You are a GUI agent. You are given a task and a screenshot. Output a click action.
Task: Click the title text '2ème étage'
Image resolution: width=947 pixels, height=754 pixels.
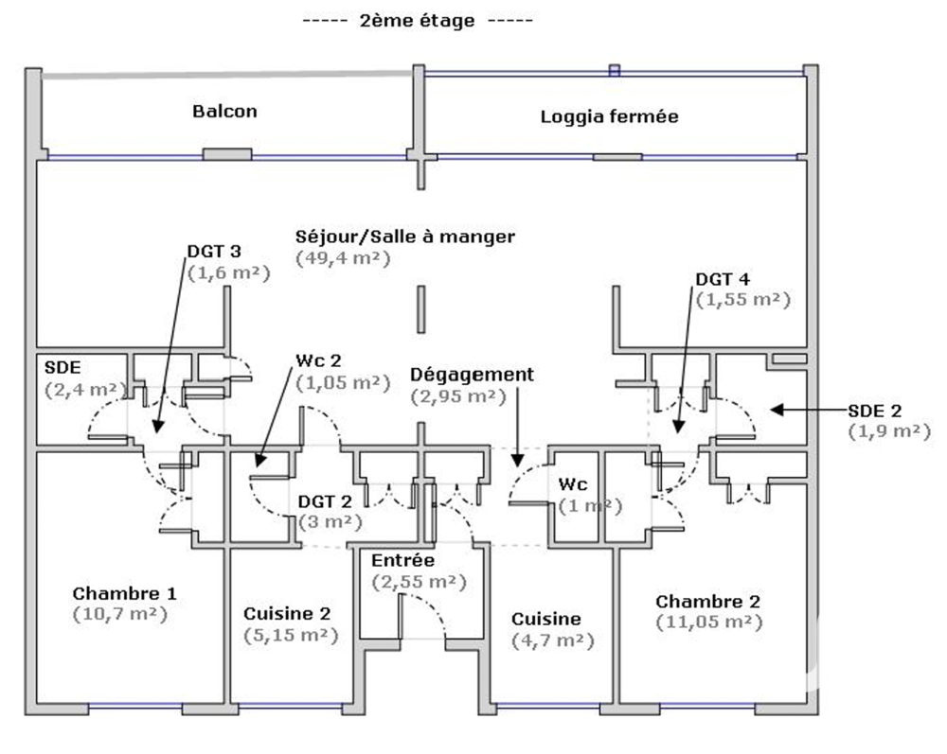(417, 21)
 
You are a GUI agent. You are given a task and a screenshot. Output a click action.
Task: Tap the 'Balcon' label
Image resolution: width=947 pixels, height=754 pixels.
(224, 111)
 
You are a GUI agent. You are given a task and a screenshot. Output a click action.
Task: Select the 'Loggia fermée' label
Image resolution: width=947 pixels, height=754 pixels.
(609, 117)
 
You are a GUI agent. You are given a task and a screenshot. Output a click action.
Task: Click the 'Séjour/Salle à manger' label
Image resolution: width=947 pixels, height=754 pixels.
(405, 237)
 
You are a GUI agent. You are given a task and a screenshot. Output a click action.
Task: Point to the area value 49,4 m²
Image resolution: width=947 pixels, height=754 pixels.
(342, 257)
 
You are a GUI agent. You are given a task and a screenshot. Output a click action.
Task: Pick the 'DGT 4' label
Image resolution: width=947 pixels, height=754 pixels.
(723, 279)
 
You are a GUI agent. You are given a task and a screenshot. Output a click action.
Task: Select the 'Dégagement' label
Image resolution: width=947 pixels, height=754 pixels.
(473, 375)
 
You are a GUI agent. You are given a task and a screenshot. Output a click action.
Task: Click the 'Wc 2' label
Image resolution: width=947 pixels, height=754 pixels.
(316, 361)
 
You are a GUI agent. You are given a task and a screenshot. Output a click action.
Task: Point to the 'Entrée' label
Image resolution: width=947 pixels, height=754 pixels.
(402, 561)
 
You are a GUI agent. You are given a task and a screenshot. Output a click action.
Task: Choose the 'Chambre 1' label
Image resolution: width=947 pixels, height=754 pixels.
(124, 593)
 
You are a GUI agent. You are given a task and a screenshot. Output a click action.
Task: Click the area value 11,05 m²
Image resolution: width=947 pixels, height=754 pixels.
(708, 622)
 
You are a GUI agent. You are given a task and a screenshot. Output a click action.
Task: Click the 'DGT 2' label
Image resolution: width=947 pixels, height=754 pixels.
(324, 501)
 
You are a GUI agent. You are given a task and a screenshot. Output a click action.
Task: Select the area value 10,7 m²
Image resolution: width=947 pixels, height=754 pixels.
(119, 614)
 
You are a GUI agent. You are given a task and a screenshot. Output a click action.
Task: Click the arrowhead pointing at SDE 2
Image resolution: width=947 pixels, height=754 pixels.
(776, 410)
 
